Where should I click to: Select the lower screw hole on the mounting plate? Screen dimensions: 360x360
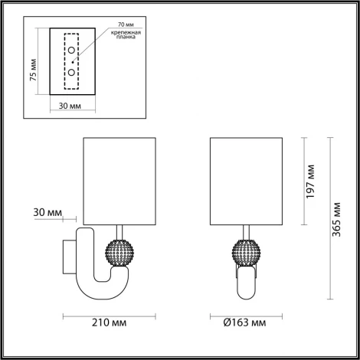(71, 71)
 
